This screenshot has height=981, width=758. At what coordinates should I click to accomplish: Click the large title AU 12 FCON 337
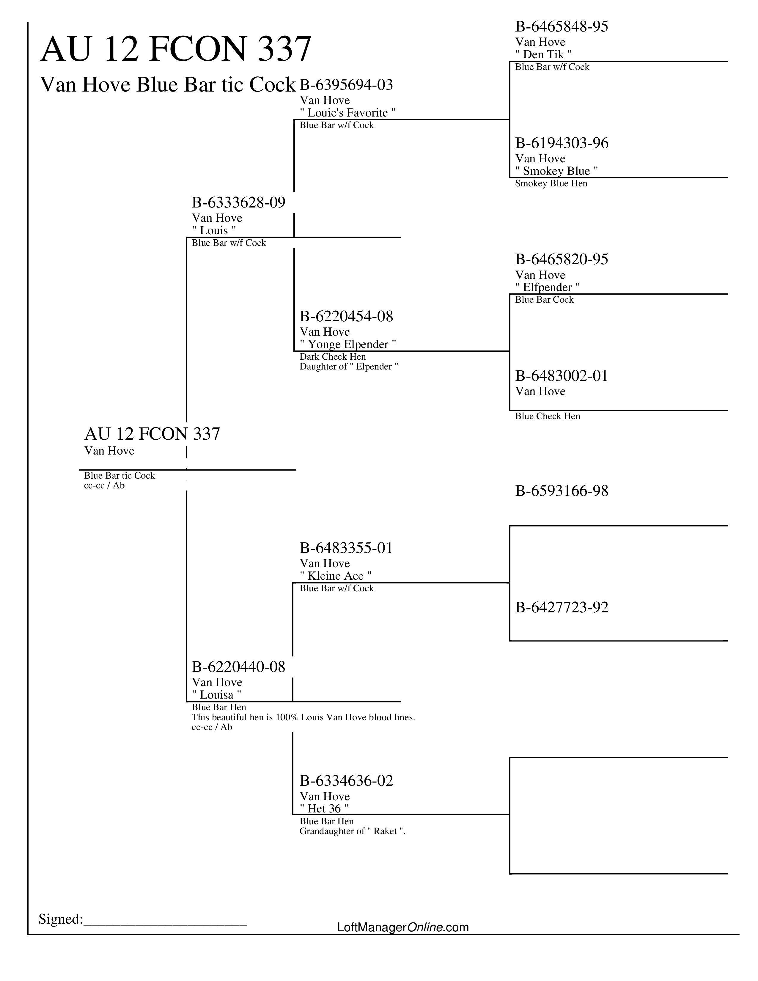point(176,49)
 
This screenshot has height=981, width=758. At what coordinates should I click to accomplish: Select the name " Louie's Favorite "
point(347,113)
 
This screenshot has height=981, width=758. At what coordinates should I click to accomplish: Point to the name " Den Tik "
point(543,54)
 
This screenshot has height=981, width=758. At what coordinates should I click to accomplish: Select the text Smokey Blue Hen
point(551,183)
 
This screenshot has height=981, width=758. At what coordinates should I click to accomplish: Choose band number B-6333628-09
point(238,202)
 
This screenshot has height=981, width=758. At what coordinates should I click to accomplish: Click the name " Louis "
point(214,230)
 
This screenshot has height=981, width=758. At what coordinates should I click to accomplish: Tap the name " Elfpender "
point(547,287)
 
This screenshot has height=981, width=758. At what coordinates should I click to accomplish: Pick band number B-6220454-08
point(346,317)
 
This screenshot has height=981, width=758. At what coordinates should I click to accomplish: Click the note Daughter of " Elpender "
point(349,367)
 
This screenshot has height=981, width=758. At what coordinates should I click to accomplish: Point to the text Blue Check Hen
point(547,416)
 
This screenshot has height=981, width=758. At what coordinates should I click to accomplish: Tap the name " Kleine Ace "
point(335,576)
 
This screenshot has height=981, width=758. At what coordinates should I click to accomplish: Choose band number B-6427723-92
point(562,608)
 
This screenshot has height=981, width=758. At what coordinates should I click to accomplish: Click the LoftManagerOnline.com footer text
point(403,927)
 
